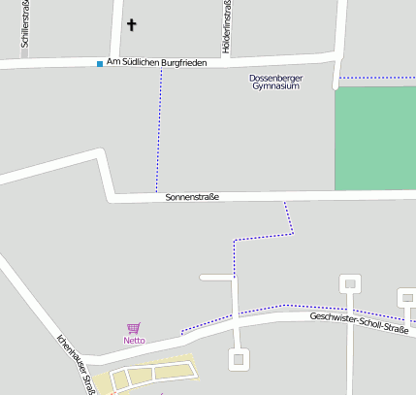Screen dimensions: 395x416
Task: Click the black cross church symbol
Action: click(132, 26)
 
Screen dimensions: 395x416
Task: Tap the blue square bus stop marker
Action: click(99, 64)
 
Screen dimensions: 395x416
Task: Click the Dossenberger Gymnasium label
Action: click(275, 82)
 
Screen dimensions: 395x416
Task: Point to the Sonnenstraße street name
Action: click(192, 197)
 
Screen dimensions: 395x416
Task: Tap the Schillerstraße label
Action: click(24, 24)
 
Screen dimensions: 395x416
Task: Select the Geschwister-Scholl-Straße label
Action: click(360, 323)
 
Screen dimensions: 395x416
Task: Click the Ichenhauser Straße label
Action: click(76, 365)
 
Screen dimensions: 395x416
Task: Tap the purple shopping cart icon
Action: click(133, 329)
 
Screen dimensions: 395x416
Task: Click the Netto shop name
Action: click(134, 341)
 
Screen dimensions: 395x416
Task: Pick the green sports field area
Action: click(374, 138)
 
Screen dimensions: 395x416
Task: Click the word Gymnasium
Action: click(275, 86)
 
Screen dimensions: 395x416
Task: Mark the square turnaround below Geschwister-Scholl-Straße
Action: click(238, 360)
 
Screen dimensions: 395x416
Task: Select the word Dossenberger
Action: click(275, 77)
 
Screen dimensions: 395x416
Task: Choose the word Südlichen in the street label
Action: click(143, 62)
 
